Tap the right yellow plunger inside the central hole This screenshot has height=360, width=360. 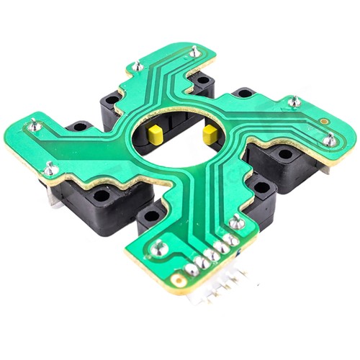click(211, 133)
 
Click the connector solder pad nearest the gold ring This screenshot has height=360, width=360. click(192, 269)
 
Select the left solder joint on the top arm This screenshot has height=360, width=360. click(137, 66)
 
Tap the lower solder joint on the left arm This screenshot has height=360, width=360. click(50, 169)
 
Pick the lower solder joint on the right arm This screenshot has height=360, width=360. click(329, 140)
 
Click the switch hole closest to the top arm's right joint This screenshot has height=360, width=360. click(204, 79)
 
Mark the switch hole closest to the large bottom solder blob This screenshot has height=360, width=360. click(150, 215)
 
